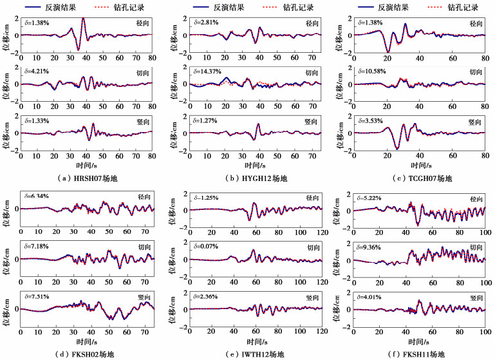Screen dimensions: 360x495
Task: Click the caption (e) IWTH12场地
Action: (x=254, y=353)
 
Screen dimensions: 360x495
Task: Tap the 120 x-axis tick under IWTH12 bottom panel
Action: (x=320, y=333)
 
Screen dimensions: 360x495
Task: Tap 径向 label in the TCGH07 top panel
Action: (x=476, y=24)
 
